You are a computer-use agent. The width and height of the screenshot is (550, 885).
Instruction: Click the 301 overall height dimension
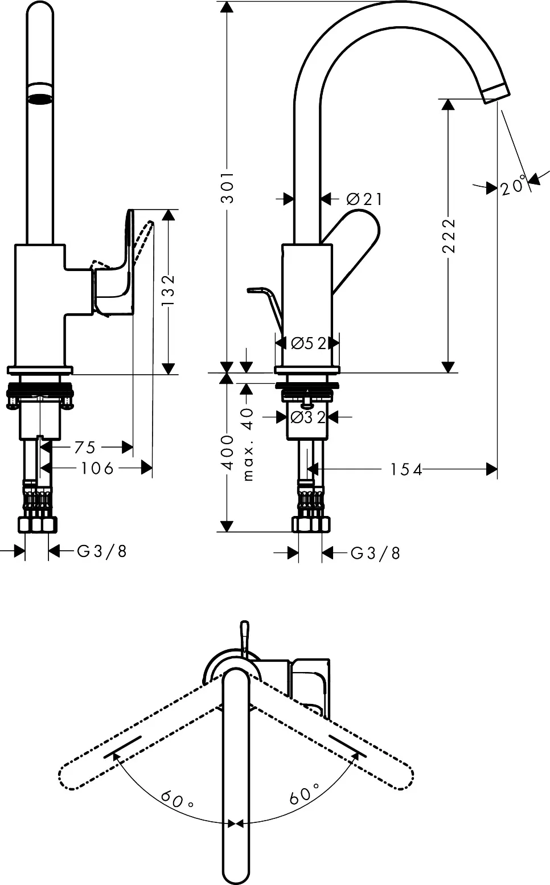click(x=227, y=187)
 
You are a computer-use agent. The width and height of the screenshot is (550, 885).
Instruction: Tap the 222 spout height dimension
click(x=449, y=235)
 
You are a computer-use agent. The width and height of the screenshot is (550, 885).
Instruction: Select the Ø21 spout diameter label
click(x=364, y=199)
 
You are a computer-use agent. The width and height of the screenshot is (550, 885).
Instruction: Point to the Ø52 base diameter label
click(x=309, y=343)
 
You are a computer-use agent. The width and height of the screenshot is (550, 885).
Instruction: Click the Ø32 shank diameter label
click(x=308, y=417)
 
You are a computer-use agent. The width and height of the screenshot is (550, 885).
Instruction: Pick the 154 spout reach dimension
click(x=406, y=469)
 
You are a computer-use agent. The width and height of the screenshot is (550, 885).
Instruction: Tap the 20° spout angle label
click(x=514, y=185)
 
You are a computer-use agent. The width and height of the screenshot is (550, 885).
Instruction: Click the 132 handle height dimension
click(x=169, y=290)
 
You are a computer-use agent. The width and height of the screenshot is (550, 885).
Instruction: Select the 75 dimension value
click(x=85, y=447)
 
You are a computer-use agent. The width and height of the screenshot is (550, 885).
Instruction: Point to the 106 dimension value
click(x=97, y=468)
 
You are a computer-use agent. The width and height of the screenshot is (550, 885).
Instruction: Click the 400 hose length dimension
click(x=227, y=452)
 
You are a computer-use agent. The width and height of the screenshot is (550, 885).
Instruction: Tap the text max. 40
click(x=248, y=444)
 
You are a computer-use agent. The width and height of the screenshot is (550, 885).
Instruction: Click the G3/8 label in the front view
click(x=102, y=551)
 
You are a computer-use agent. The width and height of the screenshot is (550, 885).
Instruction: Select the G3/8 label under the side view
click(x=375, y=553)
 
